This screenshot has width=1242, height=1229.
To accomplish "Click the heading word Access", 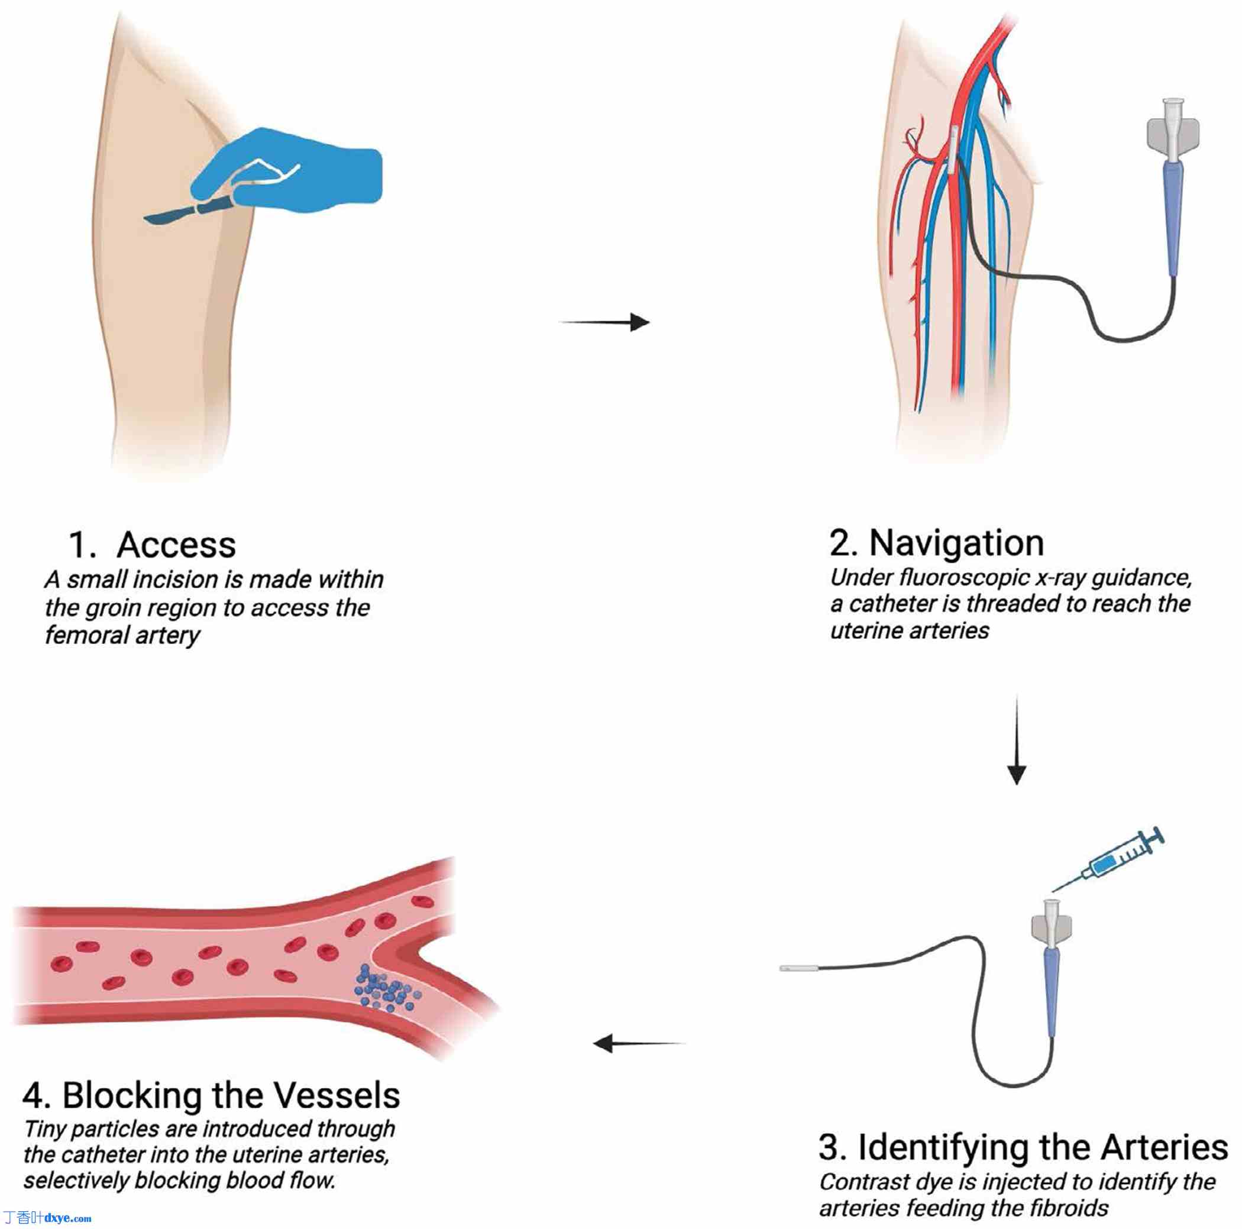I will (176, 545).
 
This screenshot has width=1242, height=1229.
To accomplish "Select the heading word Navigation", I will (956, 543).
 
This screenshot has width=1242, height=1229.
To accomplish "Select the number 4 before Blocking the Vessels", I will (34, 1095).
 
